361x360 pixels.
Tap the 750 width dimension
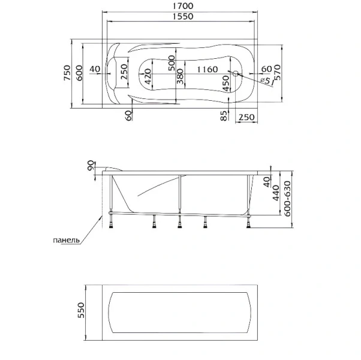pos(67,74)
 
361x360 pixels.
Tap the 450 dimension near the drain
pos(225,83)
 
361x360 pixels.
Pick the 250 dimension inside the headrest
pos(124,74)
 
